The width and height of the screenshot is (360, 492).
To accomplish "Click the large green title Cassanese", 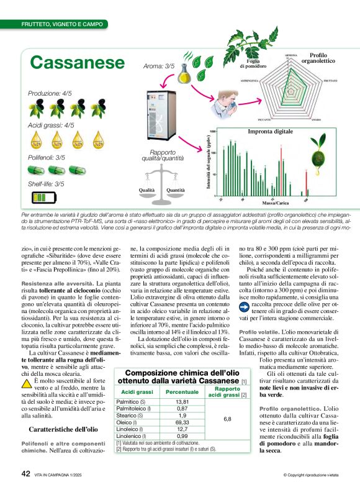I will [78, 63].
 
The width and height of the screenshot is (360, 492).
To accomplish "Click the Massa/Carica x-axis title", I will [272, 203].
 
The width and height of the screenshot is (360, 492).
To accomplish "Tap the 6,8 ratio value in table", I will [227, 419].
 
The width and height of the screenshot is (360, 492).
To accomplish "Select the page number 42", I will [26, 473].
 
